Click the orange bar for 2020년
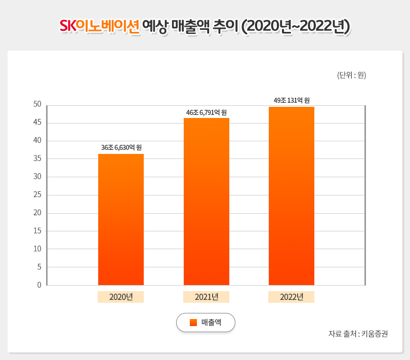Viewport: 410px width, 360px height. coord(121,219)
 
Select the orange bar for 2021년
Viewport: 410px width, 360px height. coord(207,202)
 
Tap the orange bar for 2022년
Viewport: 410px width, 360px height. coord(292,196)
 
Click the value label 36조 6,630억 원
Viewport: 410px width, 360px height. coord(121,147)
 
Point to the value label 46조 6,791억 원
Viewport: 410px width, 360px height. coord(207,112)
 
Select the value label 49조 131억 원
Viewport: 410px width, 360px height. coord(292,100)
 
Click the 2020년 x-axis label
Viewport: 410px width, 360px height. coord(121,297)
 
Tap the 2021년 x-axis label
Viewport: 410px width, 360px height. coord(207,297)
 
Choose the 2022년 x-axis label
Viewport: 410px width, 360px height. coord(292,297)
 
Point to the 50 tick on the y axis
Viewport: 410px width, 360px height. coord(37,104)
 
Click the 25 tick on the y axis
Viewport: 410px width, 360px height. coord(37,194)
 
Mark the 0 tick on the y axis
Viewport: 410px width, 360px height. coord(39,285)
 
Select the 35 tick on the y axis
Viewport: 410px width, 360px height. coord(37,158)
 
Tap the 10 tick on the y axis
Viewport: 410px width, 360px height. coord(37,249)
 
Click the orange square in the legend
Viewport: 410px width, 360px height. coord(193,323)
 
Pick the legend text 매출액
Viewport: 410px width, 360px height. coord(211,323)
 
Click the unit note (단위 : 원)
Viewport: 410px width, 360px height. coord(351,75)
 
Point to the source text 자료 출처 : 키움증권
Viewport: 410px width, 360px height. coord(358,334)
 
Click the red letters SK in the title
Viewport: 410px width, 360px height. coord(67,26)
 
